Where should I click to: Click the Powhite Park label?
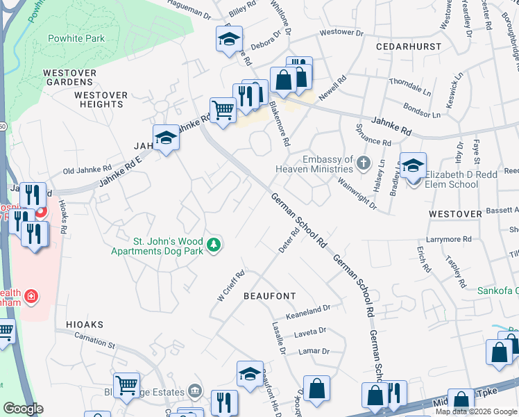[x=76, y=38]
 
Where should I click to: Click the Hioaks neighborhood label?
[x=85, y=325]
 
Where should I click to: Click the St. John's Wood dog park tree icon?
[x=215, y=245]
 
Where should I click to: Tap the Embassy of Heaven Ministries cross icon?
[x=364, y=164]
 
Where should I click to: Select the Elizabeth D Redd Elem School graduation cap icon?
[x=413, y=166]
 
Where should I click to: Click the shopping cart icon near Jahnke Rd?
[x=222, y=110]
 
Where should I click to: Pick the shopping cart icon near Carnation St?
[x=126, y=384]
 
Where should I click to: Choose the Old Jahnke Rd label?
[x=87, y=169]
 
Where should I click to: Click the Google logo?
[x=23, y=409]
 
